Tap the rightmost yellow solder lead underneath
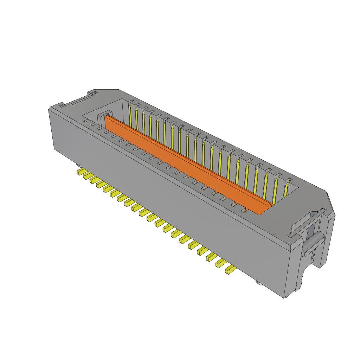tap(231, 270)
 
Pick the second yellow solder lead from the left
tap(87, 176)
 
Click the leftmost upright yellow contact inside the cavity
tap(130, 116)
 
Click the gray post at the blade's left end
tap(102, 116)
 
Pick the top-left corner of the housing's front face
tap(49, 110)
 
